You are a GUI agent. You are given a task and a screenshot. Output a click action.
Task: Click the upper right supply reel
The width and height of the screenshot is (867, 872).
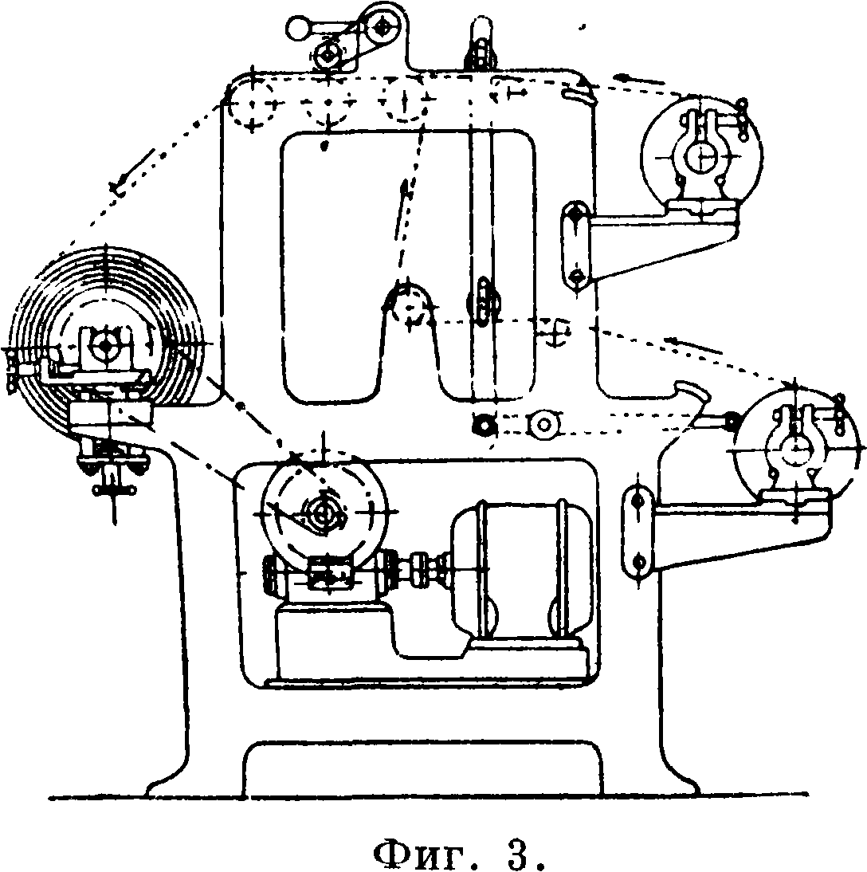[701, 155]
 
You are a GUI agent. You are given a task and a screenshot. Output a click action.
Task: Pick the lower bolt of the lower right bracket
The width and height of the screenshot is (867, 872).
[638, 561]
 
